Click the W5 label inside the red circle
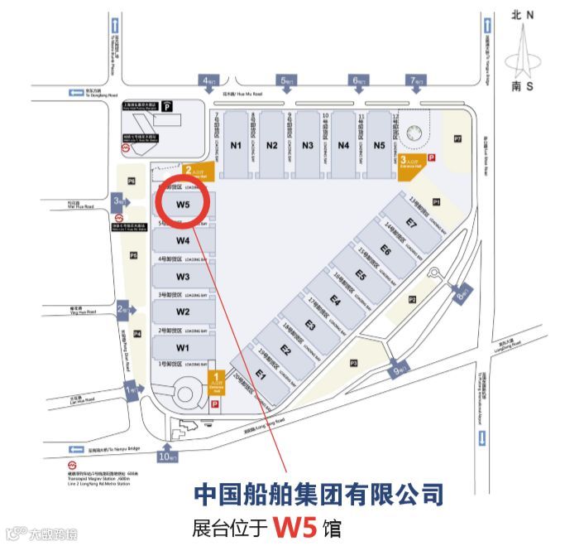(x=183, y=204)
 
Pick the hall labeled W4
(x=183, y=241)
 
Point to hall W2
(x=183, y=312)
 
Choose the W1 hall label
(x=183, y=347)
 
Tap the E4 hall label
(x=335, y=300)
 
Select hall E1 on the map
(x=261, y=374)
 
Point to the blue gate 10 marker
(x=168, y=455)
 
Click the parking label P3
(x=353, y=362)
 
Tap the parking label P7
(x=457, y=138)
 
